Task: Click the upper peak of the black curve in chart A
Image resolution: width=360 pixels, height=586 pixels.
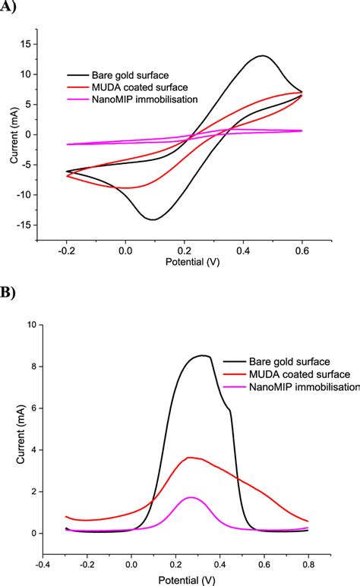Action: click(263, 55)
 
